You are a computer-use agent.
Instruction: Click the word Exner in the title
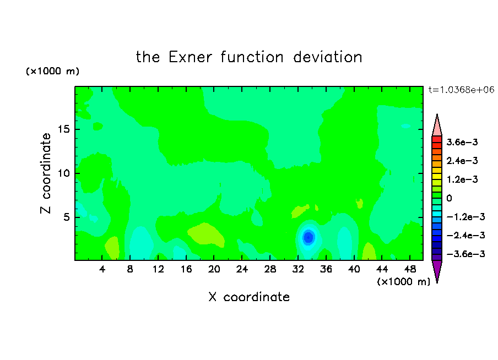click(190, 57)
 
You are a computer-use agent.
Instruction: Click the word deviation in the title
click(328, 57)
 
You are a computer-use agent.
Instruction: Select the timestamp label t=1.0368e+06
click(461, 90)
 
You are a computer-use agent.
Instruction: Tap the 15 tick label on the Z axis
click(64, 129)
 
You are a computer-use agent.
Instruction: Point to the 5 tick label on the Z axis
click(67, 217)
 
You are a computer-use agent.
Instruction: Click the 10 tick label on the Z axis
click(64, 173)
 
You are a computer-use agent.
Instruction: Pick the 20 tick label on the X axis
click(214, 269)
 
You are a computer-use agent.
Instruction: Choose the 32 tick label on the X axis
click(298, 269)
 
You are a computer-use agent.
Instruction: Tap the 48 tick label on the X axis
click(410, 269)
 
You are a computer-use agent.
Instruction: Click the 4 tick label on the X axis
click(102, 269)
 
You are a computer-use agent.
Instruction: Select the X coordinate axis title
click(249, 297)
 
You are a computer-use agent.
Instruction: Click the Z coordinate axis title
click(46, 173)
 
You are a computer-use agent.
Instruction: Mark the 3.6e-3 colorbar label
click(462, 142)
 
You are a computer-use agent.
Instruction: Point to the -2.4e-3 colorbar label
click(465, 235)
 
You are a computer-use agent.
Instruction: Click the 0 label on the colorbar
click(449, 198)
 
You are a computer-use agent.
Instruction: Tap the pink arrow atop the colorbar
click(437, 126)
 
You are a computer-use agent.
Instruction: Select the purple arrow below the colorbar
click(437, 270)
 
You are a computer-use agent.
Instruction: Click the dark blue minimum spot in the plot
click(308, 237)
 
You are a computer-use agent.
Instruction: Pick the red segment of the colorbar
click(437, 139)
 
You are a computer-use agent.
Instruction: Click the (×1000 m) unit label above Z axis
click(52, 71)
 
